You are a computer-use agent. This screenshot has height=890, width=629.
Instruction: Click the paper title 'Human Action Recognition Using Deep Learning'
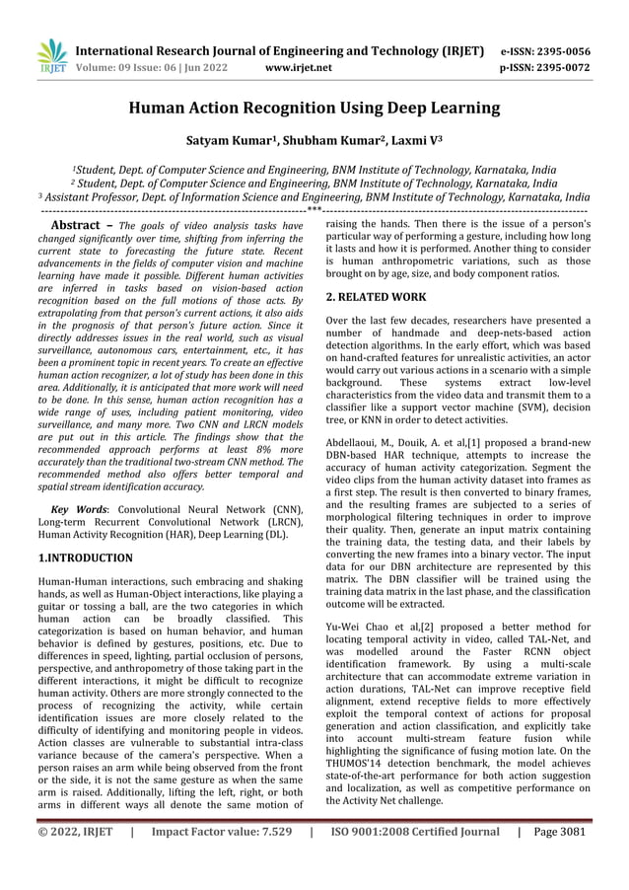click(x=314, y=109)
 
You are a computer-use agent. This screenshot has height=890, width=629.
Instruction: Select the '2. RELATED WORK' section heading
click(x=376, y=296)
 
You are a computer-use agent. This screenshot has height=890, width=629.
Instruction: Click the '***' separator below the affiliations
click(x=314, y=209)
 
